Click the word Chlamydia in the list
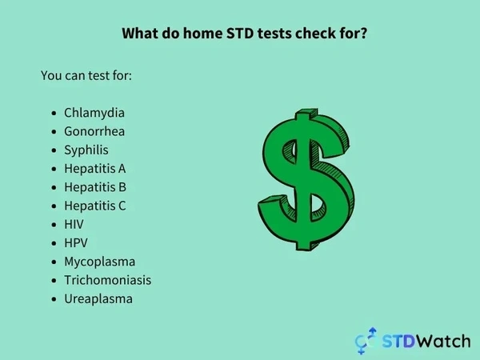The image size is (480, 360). [94, 113]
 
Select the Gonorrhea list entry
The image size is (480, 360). [94, 131]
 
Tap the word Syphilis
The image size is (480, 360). [86, 150]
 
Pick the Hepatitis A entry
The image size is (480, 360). [95, 169]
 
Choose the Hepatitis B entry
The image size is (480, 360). [95, 187]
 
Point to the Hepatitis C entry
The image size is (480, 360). [95, 206]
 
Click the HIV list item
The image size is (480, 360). [74, 224]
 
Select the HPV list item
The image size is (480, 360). [75, 242]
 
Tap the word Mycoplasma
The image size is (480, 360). [99, 262]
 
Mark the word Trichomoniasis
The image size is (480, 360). [107, 280]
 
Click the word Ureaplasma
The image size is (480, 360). [98, 298]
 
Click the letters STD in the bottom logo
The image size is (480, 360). [395, 340]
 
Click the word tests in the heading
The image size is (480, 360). [272, 34]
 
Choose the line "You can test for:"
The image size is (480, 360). [86, 75]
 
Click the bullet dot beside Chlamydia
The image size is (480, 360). [54, 114]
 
